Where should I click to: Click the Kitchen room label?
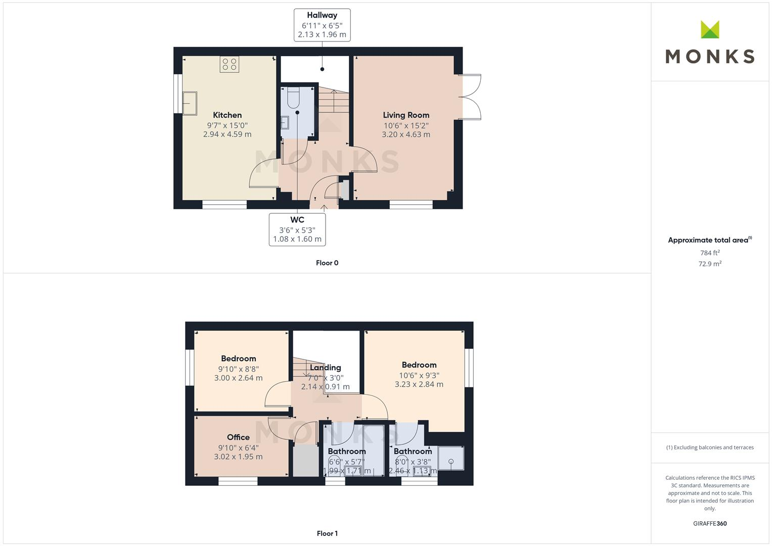(227, 115)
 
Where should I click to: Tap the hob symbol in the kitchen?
(229, 64)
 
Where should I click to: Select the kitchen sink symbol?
(190, 104)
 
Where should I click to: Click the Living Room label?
(406, 115)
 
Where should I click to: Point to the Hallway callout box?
(322, 25)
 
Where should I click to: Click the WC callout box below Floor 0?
(297, 230)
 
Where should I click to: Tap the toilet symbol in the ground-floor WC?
(294, 97)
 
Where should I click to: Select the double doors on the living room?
(469, 97)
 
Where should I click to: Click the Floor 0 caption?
(327, 263)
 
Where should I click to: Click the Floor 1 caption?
(327, 533)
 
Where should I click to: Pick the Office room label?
(238, 437)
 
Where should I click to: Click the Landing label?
(326, 368)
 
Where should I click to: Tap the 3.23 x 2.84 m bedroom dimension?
(419, 384)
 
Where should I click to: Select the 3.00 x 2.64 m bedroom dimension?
(238, 378)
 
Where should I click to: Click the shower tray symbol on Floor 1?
(450, 459)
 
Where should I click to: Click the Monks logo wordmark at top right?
(710, 56)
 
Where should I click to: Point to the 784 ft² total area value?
(710, 253)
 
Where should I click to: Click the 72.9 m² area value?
(710, 264)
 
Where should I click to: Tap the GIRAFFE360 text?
(710, 524)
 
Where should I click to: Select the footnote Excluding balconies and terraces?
(710, 447)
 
